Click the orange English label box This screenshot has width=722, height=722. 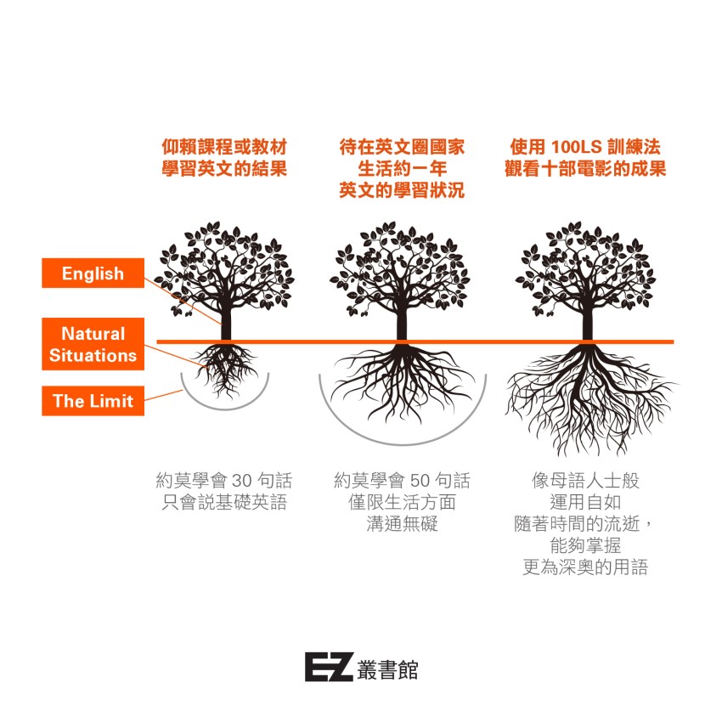point(93,274)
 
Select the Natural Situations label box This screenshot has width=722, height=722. point(93,344)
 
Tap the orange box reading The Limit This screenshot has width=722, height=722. point(93,401)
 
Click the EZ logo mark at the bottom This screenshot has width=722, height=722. point(328,667)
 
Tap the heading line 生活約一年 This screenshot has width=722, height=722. point(402,168)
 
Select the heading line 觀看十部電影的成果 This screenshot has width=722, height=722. point(585,168)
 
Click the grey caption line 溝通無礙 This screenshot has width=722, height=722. point(402,524)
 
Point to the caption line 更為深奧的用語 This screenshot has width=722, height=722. point(585,567)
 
